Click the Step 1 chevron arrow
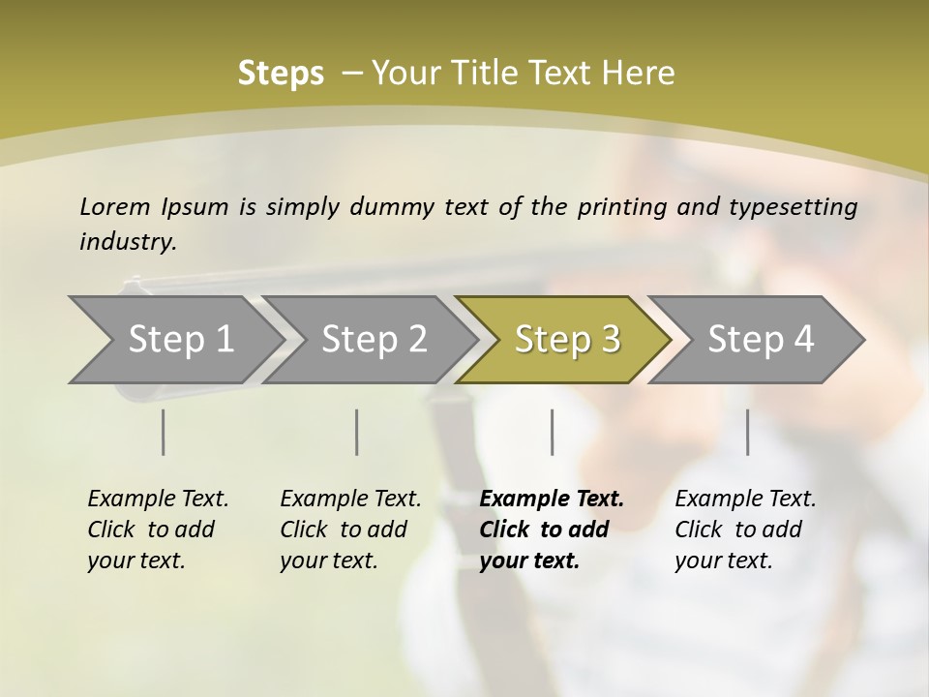pos(180,340)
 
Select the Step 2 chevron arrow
pos(374,340)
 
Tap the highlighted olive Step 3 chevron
pos(567,340)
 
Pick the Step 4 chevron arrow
pos(761,340)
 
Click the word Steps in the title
pos(281,74)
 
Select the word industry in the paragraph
pos(127,242)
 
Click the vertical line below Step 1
pos(164,432)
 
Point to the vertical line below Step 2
pos(357,432)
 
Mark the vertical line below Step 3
pos(552,432)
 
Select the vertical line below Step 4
pos(747,432)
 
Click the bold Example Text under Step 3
pos(552,500)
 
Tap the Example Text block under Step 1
pos(158,530)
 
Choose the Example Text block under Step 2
pos(350,530)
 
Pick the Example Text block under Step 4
pos(745,530)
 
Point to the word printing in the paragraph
pos(619,207)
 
